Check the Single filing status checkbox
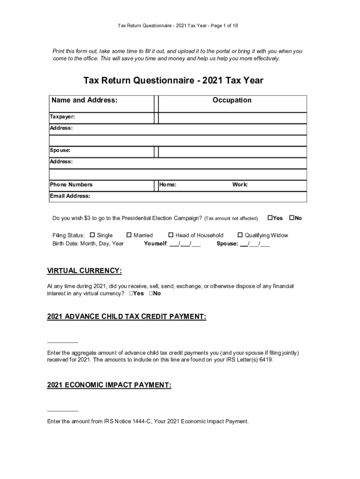pyautogui.click(x=93, y=235)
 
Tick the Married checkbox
pyautogui.click(x=129, y=235)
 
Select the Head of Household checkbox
pyautogui.click(x=171, y=235)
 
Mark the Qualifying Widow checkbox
pyautogui.click(x=240, y=235)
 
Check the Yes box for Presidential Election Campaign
pyautogui.click(x=270, y=218)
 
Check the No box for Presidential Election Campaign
pyautogui.click(x=292, y=218)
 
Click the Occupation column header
pyautogui.click(x=232, y=100)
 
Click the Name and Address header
pyautogui.click(x=84, y=100)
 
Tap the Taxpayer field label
pyautogui.click(x=62, y=116)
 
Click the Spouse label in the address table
pyautogui.click(x=60, y=150)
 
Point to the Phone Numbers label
pyautogui.click(x=71, y=184)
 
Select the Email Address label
pyautogui.click(x=70, y=196)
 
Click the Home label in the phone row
pyautogui.click(x=168, y=184)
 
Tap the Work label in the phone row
pyautogui.click(x=240, y=184)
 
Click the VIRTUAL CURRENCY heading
pyautogui.click(x=85, y=271)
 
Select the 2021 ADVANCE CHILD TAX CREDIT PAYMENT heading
pyautogui.click(x=126, y=317)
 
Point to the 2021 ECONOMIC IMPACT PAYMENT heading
pyautogui.click(x=109, y=385)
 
